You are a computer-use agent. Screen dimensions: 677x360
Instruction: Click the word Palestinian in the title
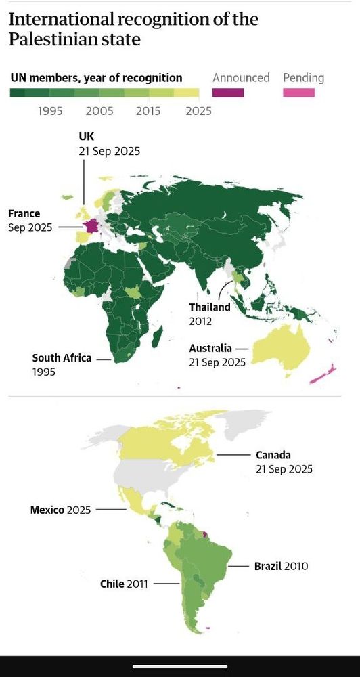coord(43,40)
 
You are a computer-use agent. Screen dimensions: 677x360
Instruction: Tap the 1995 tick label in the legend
coord(50,111)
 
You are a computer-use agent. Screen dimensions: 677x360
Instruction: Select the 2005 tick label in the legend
coord(100,111)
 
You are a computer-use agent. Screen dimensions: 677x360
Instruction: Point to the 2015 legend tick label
coord(149,111)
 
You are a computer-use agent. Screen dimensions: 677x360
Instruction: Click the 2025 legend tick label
coord(198,111)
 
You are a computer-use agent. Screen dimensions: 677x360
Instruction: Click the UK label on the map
coord(86,136)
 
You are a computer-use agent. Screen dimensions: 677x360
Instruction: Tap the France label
coord(24,214)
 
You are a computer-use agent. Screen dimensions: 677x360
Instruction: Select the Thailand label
coord(210,307)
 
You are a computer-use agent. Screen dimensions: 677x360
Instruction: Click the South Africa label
coord(62,357)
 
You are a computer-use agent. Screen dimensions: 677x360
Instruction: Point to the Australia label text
coord(210,348)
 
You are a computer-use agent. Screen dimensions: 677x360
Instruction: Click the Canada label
coord(273,455)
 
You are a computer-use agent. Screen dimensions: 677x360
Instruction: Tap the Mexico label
coord(47,510)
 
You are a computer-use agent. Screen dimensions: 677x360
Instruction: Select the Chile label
coord(112,583)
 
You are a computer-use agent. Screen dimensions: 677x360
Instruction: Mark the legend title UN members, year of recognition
coord(96,77)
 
